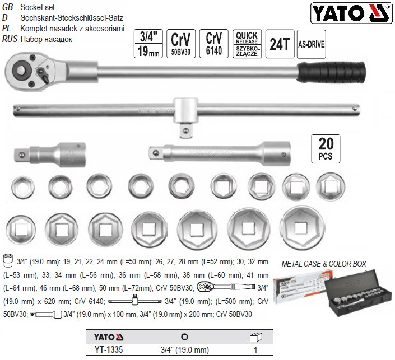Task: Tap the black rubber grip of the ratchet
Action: click(333, 73)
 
